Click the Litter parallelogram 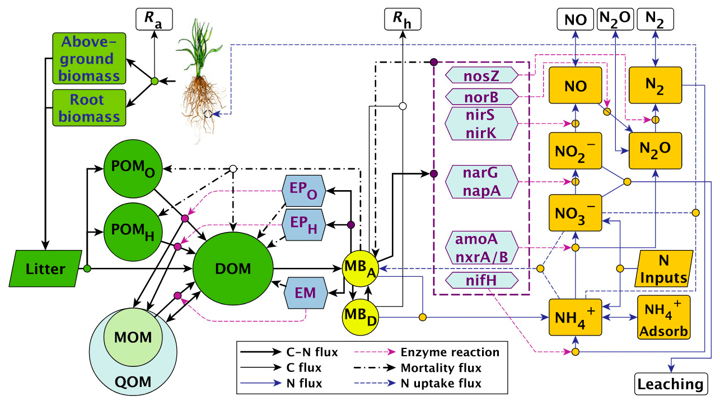coord(45,270)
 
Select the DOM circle coord(233,270)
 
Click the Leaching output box coord(670,384)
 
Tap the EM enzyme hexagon coord(306,292)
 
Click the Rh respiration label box coord(401,21)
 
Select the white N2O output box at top coord(616,20)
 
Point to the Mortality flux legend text coord(441,369)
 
